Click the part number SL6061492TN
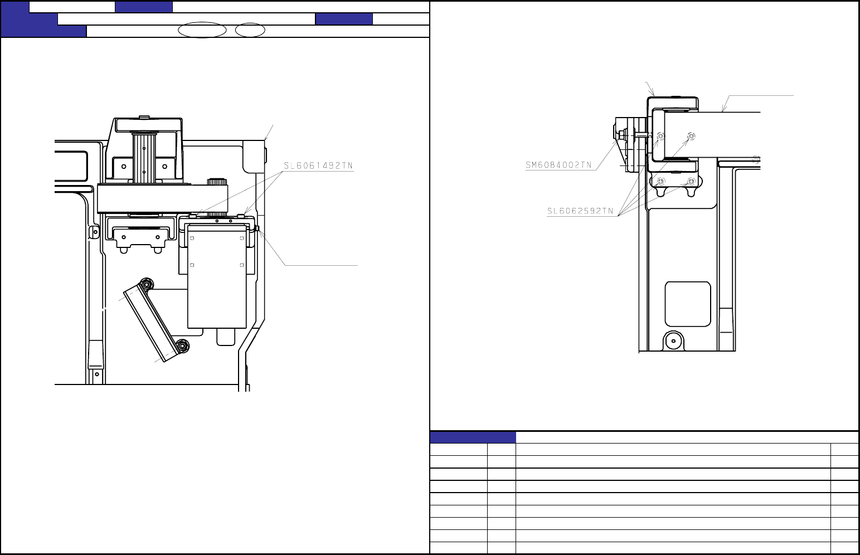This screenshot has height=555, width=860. (x=318, y=165)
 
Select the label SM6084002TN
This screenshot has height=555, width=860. (x=558, y=165)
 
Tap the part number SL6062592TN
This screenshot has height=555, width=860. (x=580, y=211)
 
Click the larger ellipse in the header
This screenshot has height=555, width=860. (x=202, y=30)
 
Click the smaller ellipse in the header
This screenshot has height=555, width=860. (x=250, y=30)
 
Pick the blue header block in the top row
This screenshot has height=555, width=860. (x=144, y=7)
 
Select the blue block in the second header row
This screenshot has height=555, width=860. (x=344, y=19)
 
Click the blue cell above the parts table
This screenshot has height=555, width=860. (x=473, y=437)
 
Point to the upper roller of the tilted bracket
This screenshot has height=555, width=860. (x=146, y=284)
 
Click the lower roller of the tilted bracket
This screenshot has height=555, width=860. (x=183, y=346)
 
